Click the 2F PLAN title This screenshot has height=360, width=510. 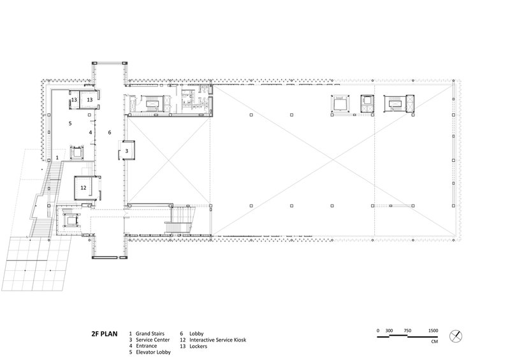click(105, 334)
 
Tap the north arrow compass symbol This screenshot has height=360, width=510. click(456, 336)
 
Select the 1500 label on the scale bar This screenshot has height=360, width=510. click(433, 331)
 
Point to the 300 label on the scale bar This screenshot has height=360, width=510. click(389, 331)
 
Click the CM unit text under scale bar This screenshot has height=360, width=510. click(434, 342)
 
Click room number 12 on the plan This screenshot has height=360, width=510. click(84, 187)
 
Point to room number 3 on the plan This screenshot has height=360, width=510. click(127, 151)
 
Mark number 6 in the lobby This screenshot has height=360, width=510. click(110, 133)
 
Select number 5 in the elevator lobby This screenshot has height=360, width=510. click(70, 124)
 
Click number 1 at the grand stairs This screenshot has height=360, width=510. click(57, 158)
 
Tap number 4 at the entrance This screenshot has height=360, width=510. click(91, 133)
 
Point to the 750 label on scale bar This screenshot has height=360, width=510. click(407, 331)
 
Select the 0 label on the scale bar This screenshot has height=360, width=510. click(378, 331)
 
